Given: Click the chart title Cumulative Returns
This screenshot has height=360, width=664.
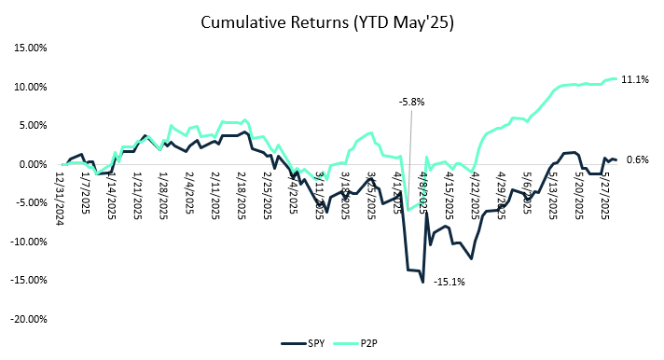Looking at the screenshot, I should (332, 21).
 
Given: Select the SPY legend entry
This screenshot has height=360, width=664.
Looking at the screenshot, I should (316, 342).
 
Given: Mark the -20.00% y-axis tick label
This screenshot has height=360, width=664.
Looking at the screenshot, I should (28, 318).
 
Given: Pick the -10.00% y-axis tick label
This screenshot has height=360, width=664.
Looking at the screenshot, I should (28, 242).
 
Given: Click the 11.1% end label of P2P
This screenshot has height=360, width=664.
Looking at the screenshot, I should (635, 80).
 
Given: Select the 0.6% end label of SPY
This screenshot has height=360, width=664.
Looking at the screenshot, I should (636, 160).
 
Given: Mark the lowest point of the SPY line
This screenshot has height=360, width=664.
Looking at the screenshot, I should (422, 282).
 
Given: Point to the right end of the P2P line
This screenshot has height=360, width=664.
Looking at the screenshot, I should (616, 78).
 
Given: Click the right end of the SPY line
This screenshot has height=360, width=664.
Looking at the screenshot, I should (616, 159).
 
